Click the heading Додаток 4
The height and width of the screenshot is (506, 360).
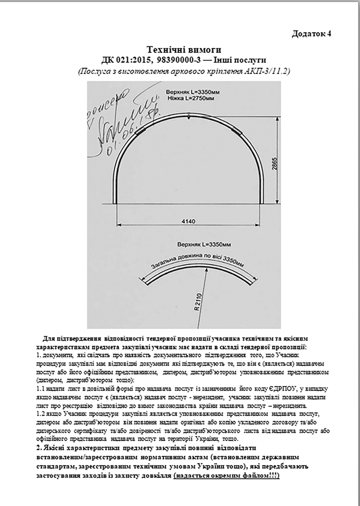click(x=311, y=34)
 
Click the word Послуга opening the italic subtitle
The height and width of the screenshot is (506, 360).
click(x=92, y=71)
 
